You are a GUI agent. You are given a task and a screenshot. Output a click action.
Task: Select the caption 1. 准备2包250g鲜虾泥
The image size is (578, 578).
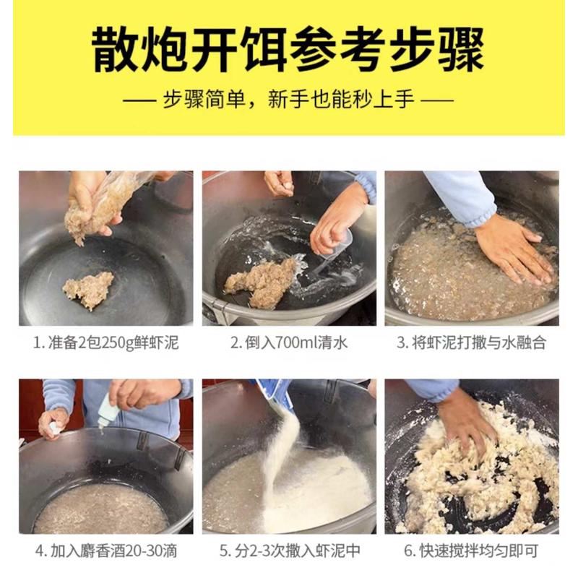pyautogui.click(x=105, y=342)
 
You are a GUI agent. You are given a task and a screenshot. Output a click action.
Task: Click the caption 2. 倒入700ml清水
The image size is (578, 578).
pyautogui.click(x=288, y=342)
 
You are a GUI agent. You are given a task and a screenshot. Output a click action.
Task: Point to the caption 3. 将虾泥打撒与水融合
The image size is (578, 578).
pyautogui.click(x=471, y=342)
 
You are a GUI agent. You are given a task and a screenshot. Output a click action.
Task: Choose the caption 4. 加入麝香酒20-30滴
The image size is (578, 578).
pyautogui.click(x=105, y=551)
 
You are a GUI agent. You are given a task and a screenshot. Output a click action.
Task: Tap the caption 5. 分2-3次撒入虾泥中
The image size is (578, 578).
pyautogui.click(x=288, y=551)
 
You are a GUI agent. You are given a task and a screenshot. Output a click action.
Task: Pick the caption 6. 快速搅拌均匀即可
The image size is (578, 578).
pyautogui.click(x=471, y=551)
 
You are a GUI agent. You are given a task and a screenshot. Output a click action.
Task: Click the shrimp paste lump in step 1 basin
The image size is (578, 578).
pyautogui.click(x=88, y=289)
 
